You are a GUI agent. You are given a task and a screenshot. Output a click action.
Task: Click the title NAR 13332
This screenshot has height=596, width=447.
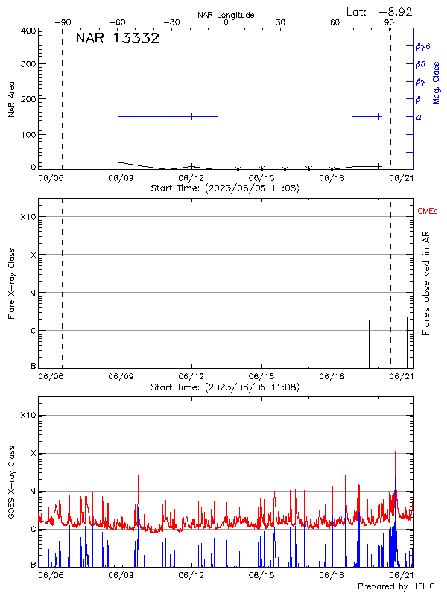click(x=118, y=39)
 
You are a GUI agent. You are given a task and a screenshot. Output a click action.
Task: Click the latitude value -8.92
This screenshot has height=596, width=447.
click(x=395, y=11)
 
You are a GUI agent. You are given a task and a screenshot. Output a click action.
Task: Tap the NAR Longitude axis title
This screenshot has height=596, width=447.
click(x=226, y=15)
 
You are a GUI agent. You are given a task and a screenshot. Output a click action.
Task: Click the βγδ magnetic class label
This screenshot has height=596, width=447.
click(x=423, y=46)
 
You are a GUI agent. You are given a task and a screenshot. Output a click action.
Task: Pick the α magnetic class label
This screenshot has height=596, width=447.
click(x=419, y=117)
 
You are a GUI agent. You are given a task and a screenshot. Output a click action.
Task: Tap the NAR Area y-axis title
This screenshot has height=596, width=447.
click(x=11, y=99)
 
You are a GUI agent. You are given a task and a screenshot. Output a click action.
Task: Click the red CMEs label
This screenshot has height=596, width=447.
click(x=428, y=212)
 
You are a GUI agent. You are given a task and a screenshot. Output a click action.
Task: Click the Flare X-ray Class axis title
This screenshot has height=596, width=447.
click(x=11, y=283)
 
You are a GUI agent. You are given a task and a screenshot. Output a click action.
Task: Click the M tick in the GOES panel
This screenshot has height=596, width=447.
click(x=33, y=492)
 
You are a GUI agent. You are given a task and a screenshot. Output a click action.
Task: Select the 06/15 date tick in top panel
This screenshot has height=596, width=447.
click(x=262, y=178)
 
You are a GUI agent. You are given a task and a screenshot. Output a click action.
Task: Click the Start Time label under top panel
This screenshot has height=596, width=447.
click(x=226, y=188)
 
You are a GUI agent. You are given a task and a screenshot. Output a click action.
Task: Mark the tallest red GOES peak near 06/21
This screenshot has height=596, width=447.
click(x=395, y=451)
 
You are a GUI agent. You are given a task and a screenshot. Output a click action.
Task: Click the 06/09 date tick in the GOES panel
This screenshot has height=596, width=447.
click(x=121, y=576)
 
